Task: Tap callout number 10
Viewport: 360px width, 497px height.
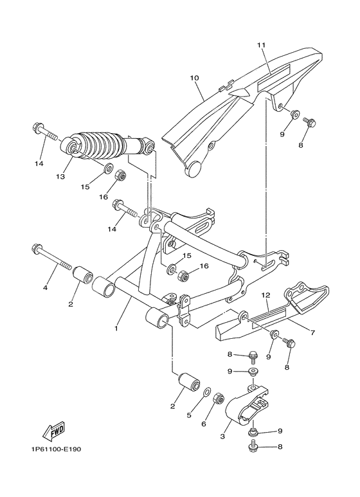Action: coord(194,78)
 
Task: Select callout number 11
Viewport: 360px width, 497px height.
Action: coord(261,45)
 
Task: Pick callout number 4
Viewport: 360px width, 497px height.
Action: coord(46,287)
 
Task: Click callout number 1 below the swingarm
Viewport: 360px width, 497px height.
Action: coord(116,328)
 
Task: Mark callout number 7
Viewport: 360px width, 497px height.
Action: coord(312,332)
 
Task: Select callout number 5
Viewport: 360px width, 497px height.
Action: coord(189,415)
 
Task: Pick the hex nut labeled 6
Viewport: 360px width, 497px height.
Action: coord(218,399)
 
